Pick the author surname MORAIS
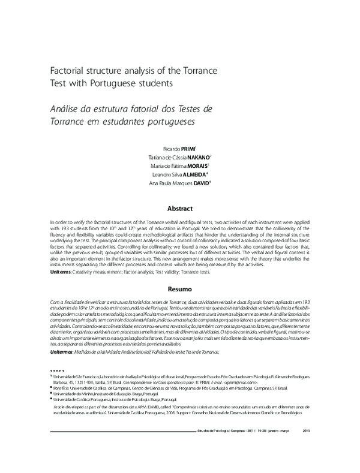tap(197, 165)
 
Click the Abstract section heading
tap(180, 209)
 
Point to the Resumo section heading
tap(180, 290)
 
